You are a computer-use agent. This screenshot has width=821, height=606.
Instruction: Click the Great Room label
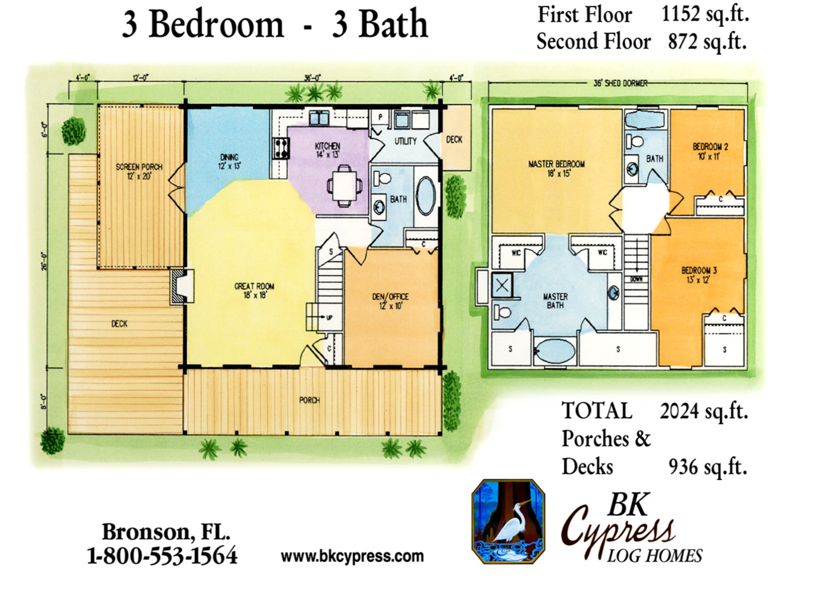coord(254,291)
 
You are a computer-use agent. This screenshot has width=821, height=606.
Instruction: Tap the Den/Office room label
coord(391,301)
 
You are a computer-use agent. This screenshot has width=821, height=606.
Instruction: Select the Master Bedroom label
coord(556,168)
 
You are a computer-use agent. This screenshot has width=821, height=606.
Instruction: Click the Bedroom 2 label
coord(710,151)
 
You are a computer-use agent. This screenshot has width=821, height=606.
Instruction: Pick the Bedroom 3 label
coord(699,275)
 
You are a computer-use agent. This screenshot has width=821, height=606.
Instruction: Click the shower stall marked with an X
coord(502,285)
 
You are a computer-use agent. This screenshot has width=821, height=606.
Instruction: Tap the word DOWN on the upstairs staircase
coord(636,279)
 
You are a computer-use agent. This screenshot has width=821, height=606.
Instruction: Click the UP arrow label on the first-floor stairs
coord(325,317)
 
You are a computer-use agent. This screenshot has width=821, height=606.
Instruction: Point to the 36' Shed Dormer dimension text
coord(618,83)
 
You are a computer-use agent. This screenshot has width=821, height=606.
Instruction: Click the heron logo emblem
coord(508,522)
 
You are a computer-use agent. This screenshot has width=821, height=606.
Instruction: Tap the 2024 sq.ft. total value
coord(704,412)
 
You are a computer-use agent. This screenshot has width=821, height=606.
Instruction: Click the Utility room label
coord(405,141)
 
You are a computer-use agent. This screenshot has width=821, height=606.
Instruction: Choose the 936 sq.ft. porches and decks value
coord(708,467)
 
